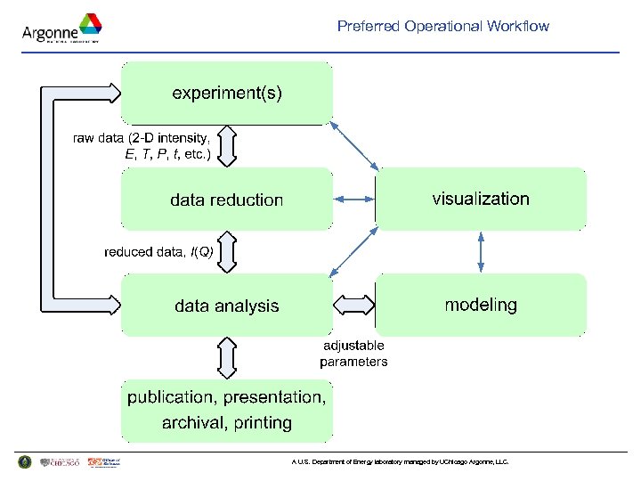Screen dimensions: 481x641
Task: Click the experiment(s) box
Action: click(x=227, y=93)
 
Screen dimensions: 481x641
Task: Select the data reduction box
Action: click(x=227, y=200)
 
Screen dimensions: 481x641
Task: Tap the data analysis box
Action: click(x=227, y=306)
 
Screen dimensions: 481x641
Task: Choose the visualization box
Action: click(x=481, y=199)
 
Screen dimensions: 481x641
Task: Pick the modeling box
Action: click(x=481, y=305)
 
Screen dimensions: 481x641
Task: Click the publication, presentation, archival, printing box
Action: click(x=227, y=409)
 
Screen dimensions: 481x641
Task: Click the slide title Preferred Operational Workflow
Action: click(x=442, y=26)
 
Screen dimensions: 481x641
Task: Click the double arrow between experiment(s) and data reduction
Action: click(x=227, y=146)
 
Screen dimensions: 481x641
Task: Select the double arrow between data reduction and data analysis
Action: click(x=227, y=252)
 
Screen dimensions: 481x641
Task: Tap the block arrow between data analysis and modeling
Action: click(x=354, y=305)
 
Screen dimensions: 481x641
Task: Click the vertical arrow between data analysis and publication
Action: click(x=227, y=357)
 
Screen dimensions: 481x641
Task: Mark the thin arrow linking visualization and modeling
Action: click(x=481, y=252)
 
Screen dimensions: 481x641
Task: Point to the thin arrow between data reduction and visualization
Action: click(x=354, y=200)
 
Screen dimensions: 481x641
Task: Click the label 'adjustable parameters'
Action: click(x=353, y=354)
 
